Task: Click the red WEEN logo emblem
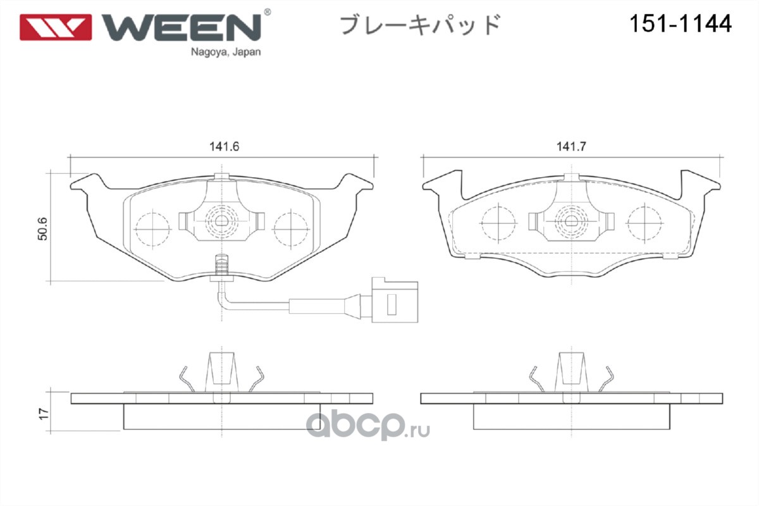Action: pos(56,27)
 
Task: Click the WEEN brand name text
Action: pos(182,27)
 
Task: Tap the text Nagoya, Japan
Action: pos(226,52)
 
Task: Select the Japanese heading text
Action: pos(420,25)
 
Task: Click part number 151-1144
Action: pos(681,24)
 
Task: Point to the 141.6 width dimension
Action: pos(224,146)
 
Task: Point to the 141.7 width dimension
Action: pos(571,146)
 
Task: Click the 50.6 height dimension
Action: pos(42,229)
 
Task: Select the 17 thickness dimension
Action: pos(44,414)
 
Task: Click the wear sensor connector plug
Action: pos(395,300)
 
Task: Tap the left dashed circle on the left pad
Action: pos(152,229)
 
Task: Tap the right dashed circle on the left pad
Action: pos(291,229)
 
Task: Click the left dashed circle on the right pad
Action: pos(498,223)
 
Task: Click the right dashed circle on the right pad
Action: pos(645,223)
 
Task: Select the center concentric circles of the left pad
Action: pos(221,221)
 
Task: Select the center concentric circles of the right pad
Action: pos(572,221)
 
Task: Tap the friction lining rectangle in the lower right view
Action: pos(572,417)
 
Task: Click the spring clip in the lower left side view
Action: pos(221,373)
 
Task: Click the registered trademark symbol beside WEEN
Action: pos(267,12)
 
